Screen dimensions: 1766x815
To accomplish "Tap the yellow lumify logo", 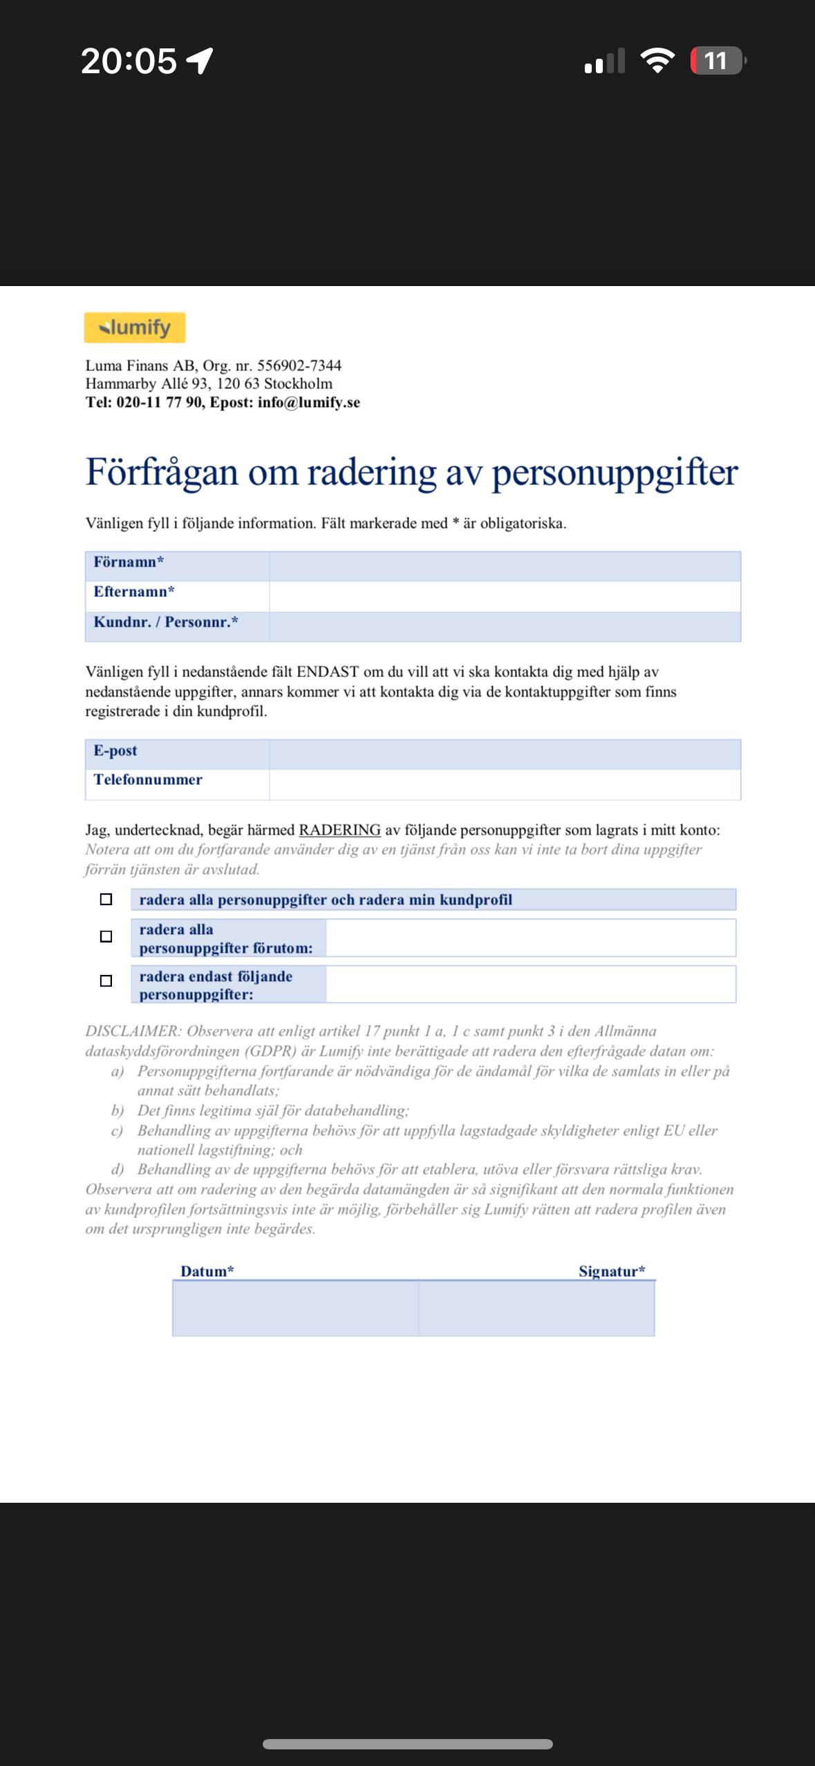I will point(135,327).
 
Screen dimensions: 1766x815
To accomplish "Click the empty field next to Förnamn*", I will point(505,566).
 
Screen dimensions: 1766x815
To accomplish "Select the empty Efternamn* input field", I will point(505,596).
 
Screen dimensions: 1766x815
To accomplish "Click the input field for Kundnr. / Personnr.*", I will point(505,627).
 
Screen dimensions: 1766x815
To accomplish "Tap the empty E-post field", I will point(505,754).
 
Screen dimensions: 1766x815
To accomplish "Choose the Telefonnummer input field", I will point(505,785).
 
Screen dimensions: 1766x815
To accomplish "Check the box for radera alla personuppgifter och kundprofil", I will point(106,900).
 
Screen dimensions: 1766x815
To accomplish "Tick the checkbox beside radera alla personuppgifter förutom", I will point(106,937).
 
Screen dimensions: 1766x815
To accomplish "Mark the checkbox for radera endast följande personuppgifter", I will point(106,981).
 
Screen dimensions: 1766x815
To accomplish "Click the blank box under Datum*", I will point(295,1308).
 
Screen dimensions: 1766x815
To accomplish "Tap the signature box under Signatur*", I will point(536,1308).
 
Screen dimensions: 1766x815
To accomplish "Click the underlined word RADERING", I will point(339,830).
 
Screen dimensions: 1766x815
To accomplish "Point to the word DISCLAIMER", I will point(133,1031).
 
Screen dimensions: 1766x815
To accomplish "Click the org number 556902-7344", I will point(299,365).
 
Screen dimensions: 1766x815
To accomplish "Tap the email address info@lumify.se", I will point(309,402).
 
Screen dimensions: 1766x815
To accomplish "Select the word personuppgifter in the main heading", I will point(615,473).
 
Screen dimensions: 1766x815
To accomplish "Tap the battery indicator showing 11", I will point(718,61).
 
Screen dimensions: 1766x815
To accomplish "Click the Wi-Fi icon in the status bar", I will point(657,61).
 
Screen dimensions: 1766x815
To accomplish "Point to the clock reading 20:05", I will point(129,61).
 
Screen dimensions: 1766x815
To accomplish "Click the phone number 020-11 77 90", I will point(159,402).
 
